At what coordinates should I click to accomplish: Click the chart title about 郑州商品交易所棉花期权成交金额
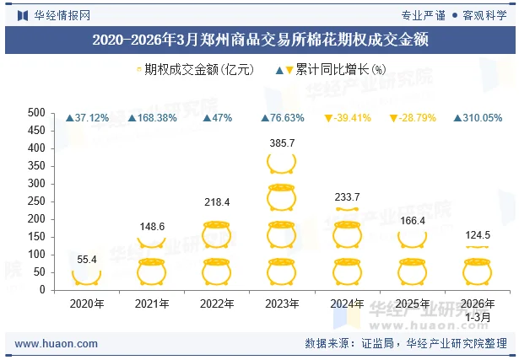coord(259,40)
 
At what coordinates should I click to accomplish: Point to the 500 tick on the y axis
coord(36,112)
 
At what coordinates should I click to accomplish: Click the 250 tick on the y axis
coord(36,201)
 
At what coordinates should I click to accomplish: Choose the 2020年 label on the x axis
coord(87,304)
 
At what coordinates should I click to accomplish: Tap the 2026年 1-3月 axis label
coord(477,309)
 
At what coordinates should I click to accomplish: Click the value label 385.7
coord(281,143)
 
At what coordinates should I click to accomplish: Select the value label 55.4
coord(87,260)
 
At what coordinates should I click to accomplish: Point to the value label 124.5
coord(477,235)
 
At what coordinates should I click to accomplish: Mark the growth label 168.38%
coord(152,118)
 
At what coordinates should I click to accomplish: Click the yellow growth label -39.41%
coord(347,118)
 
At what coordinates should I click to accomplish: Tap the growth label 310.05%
coord(478,118)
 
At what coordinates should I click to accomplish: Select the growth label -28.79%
coord(412,118)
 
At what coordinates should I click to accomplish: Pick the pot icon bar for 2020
coord(87,277)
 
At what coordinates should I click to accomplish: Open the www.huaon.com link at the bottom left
coord(57,344)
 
